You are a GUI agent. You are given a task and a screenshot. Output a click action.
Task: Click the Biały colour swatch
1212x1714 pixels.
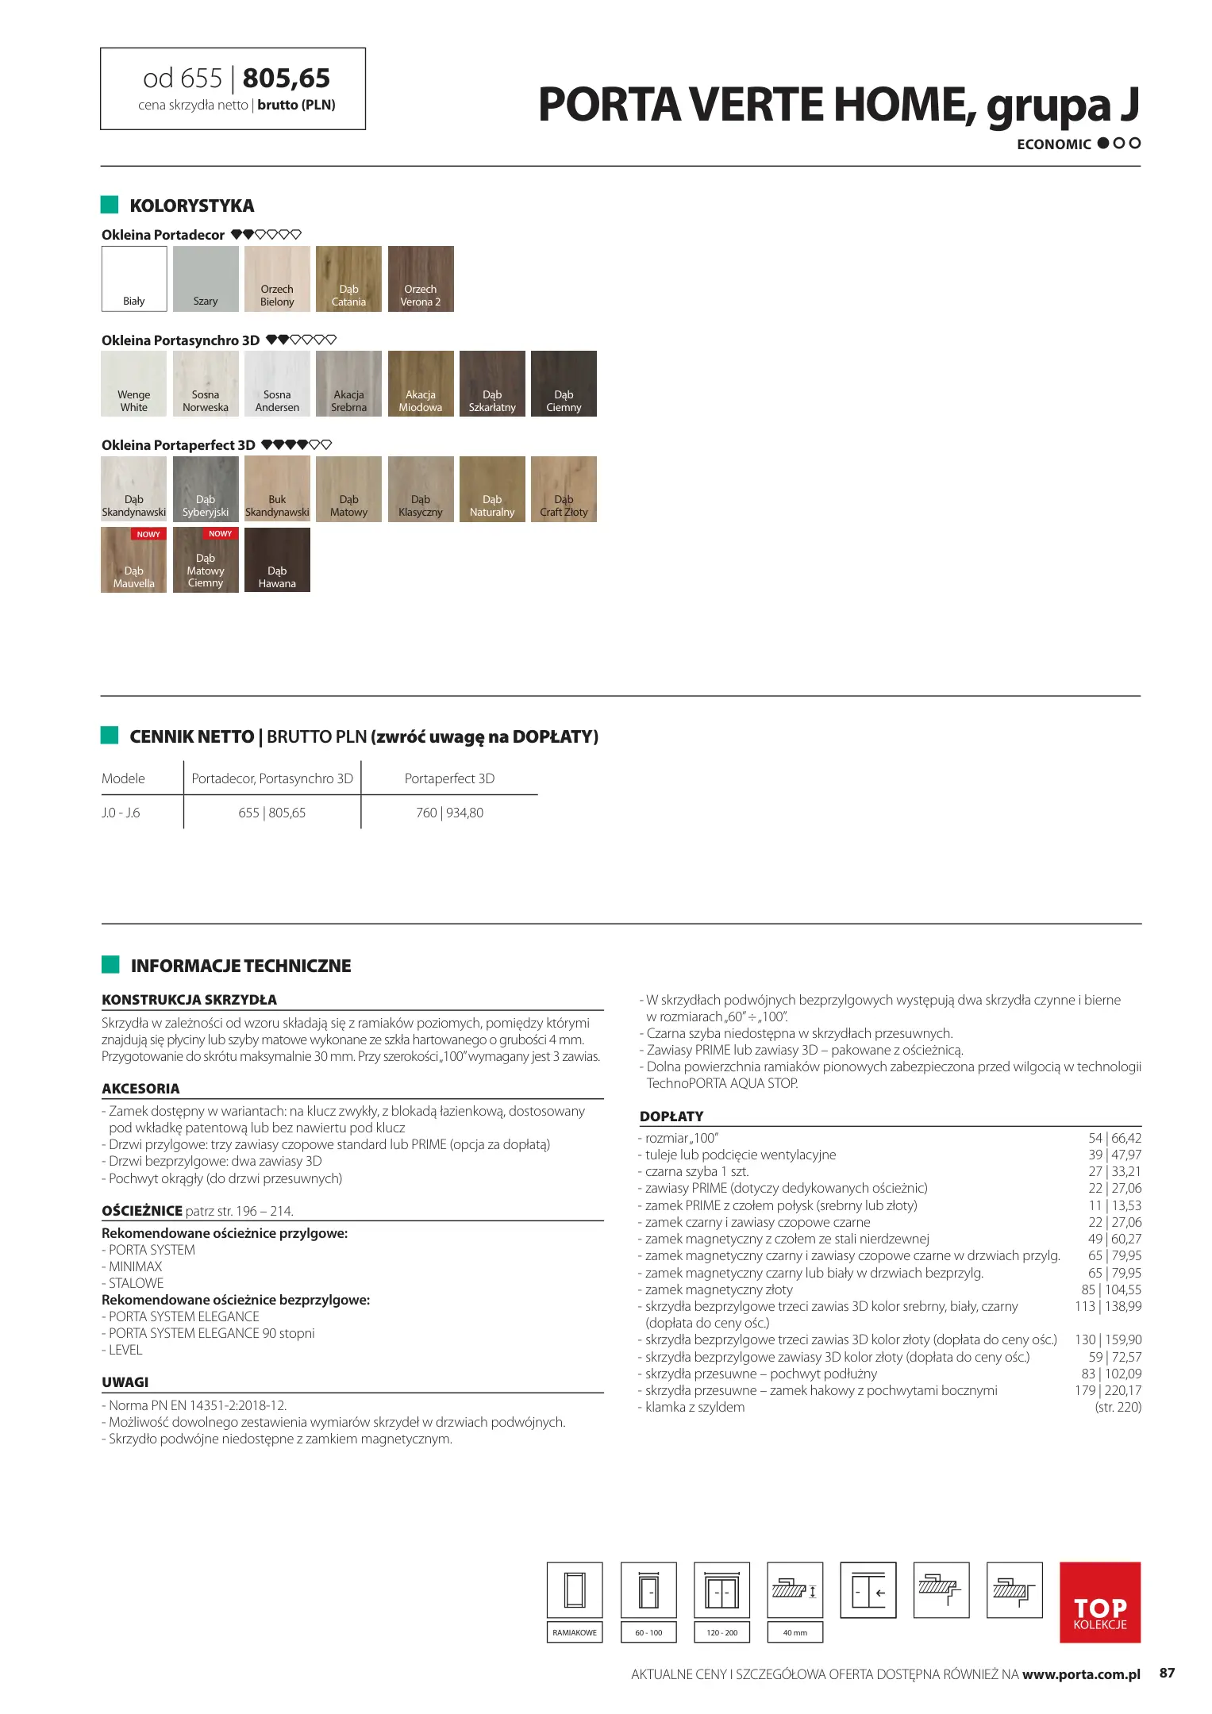(134, 279)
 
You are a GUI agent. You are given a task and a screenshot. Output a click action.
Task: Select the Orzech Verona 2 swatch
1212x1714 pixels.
(421, 279)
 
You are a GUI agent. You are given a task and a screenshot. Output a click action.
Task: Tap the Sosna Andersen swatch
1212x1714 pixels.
(277, 383)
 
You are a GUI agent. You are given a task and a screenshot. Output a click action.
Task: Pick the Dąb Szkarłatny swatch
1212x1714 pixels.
(492, 383)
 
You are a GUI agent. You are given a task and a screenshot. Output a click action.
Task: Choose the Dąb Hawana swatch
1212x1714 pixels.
(277, 560)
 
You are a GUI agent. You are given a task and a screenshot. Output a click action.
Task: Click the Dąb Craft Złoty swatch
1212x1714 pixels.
(564, 489)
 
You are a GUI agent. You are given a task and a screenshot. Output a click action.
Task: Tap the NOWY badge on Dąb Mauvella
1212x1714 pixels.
(148, 534)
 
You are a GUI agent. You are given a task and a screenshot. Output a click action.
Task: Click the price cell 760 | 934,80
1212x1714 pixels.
(449, 813)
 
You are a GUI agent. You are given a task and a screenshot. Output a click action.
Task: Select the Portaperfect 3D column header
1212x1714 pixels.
(449, 778)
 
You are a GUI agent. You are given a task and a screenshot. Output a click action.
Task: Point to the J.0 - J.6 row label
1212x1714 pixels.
(121, 813)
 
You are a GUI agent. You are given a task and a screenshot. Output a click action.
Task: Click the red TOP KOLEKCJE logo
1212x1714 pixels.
(1099, 1602)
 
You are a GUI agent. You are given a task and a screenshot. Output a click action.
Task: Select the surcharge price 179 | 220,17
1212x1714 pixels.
(1108, 1390)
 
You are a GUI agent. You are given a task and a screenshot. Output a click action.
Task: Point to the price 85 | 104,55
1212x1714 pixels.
(1111, 1289)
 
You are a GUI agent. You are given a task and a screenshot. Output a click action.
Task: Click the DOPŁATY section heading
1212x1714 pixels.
(671, 1116)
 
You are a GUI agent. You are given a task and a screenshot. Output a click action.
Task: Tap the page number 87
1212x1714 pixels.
(1167, 1673)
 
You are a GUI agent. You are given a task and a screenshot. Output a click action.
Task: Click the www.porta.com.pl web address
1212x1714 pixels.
(1081, 1674)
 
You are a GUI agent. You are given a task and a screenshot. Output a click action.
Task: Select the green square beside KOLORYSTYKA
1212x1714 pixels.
(110, 205)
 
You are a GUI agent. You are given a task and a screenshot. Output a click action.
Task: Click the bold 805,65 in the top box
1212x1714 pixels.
(286, 79)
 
